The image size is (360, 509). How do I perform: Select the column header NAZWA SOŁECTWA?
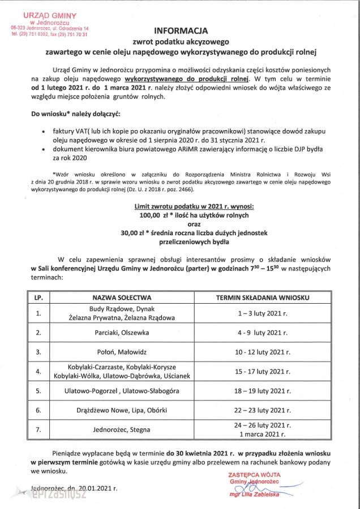coord(121,296)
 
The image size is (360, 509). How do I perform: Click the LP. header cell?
coord(38,296)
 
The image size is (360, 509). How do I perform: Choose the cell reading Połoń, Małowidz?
coord(121,352)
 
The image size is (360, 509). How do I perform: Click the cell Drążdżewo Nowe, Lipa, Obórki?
coord(121,410)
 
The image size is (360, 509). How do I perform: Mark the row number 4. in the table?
coord(38,372)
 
